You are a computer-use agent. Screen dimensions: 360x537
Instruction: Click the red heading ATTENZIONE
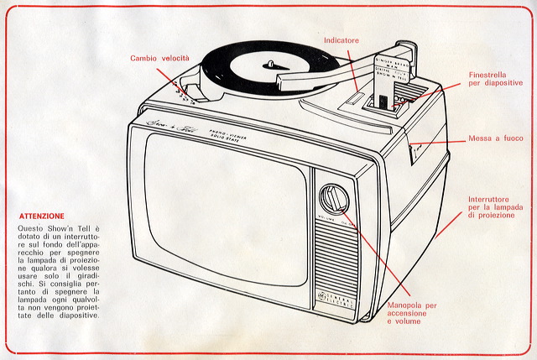click(41, 216)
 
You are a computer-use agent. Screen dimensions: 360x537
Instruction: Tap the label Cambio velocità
click(159, 58)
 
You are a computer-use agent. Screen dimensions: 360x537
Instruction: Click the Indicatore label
click(341, 39)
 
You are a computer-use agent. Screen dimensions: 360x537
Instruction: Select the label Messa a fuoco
click(496, 138)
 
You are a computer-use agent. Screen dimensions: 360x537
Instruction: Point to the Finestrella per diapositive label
click(495, 78)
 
